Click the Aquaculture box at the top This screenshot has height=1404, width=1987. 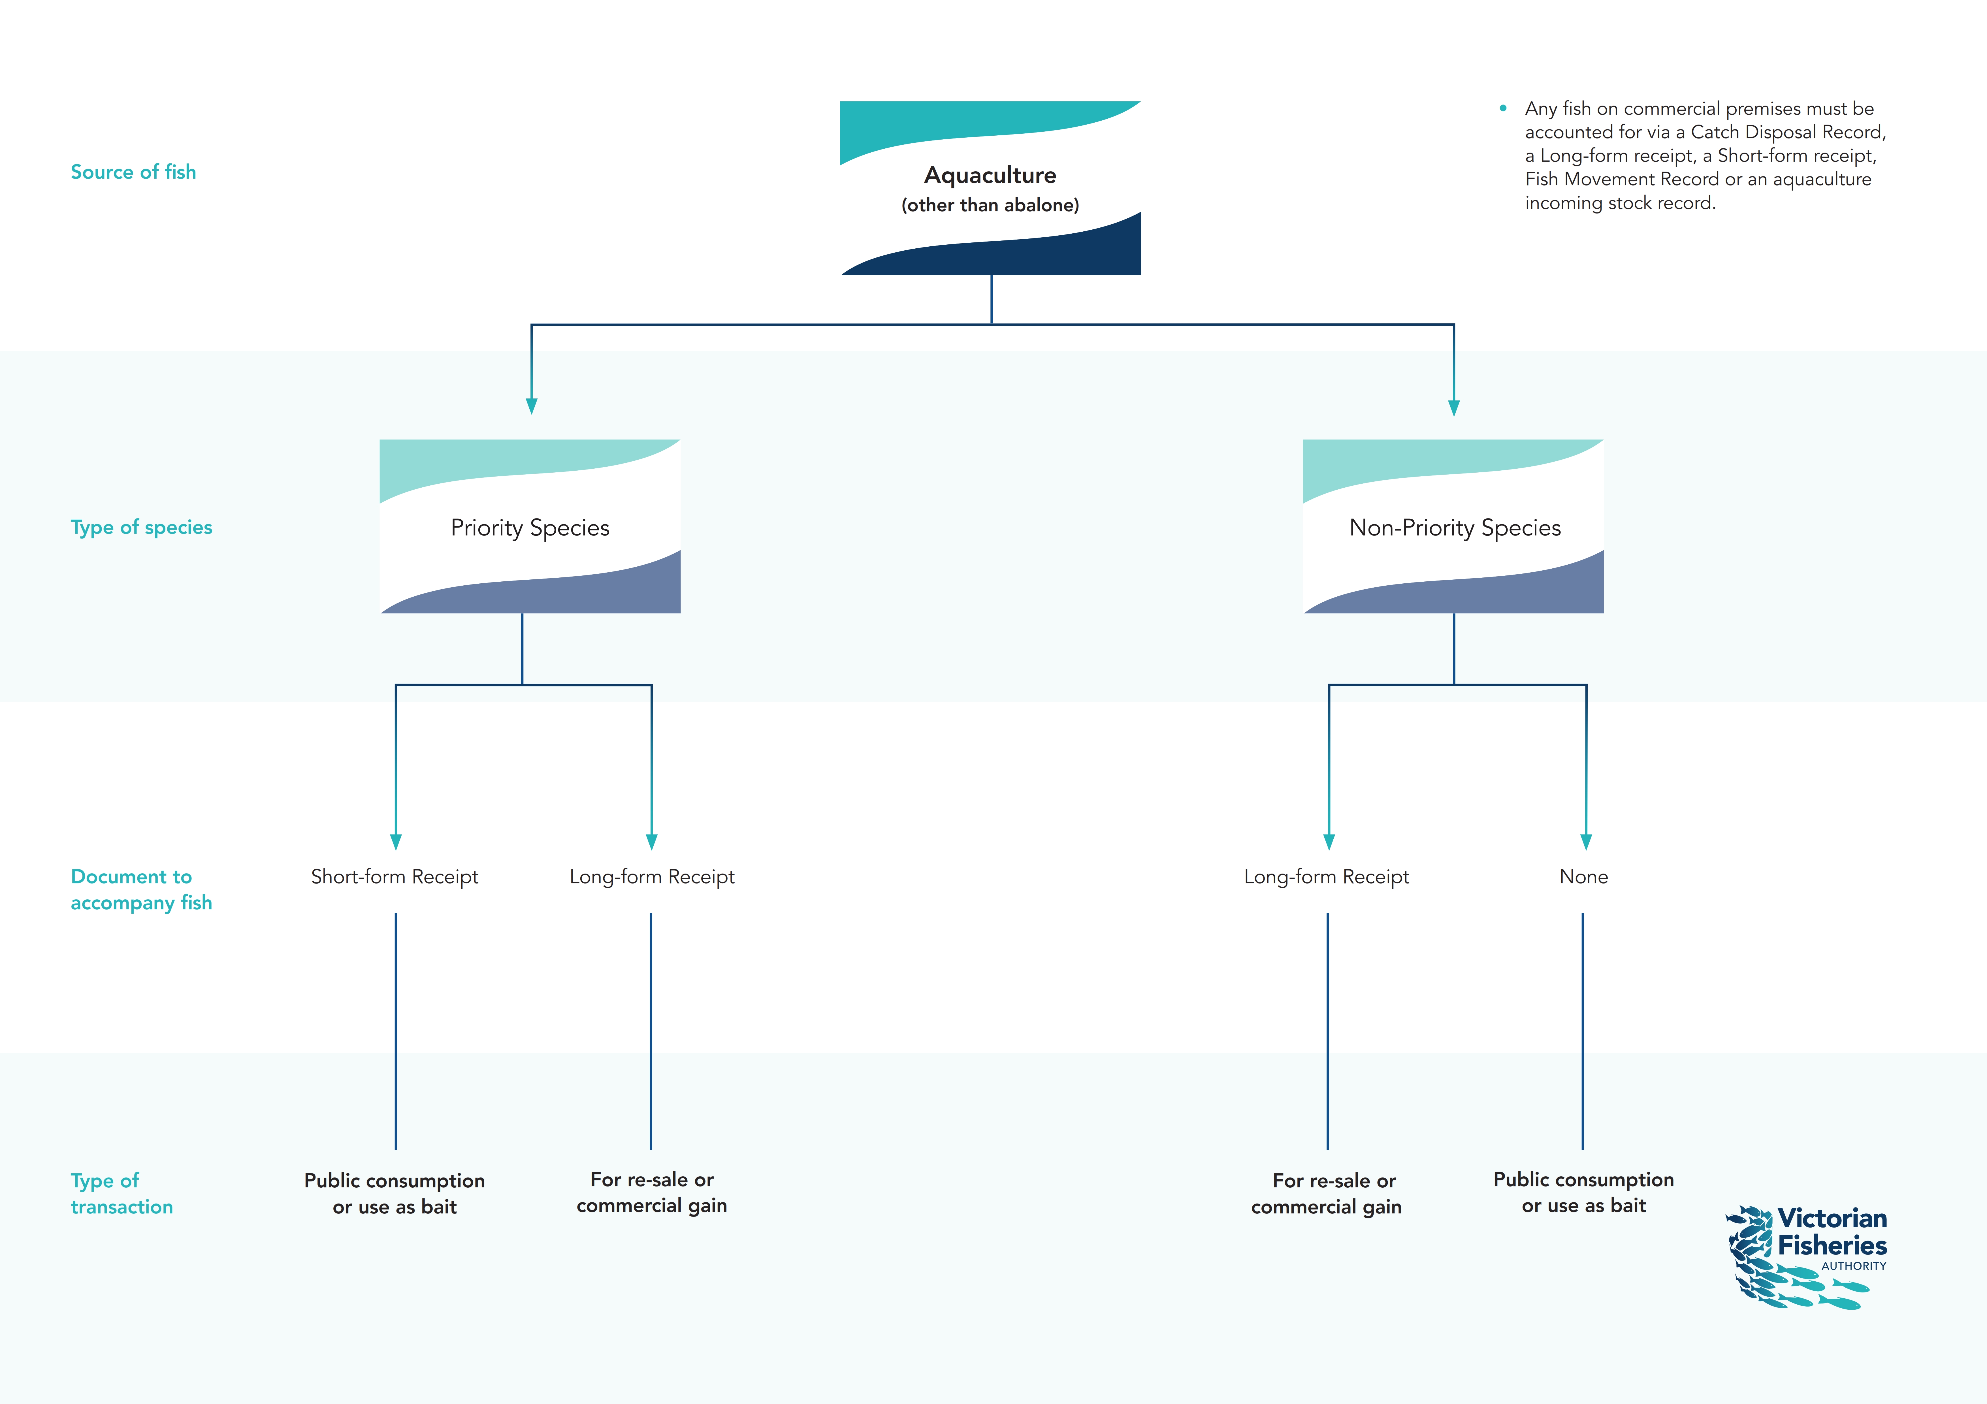(990, 188)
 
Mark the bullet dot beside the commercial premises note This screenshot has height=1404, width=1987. (1503, 108)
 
